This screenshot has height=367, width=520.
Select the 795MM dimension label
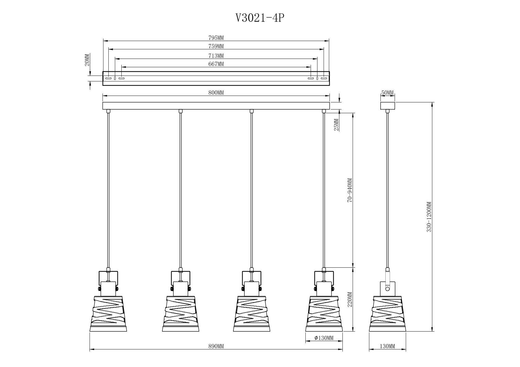point(216,38)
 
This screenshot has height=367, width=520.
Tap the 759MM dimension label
point(216,46)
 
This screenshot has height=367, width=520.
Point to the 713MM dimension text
point(216,56)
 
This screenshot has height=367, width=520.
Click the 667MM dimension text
point(216,64)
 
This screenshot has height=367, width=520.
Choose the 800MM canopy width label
point(216,93)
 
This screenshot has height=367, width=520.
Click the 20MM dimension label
point(87,60)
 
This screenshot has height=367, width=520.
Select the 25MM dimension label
point(336,125)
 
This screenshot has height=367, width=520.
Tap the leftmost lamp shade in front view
point(108,314)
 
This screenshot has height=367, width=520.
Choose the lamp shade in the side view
point(387,314)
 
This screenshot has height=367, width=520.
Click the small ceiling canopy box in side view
point(388,106)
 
